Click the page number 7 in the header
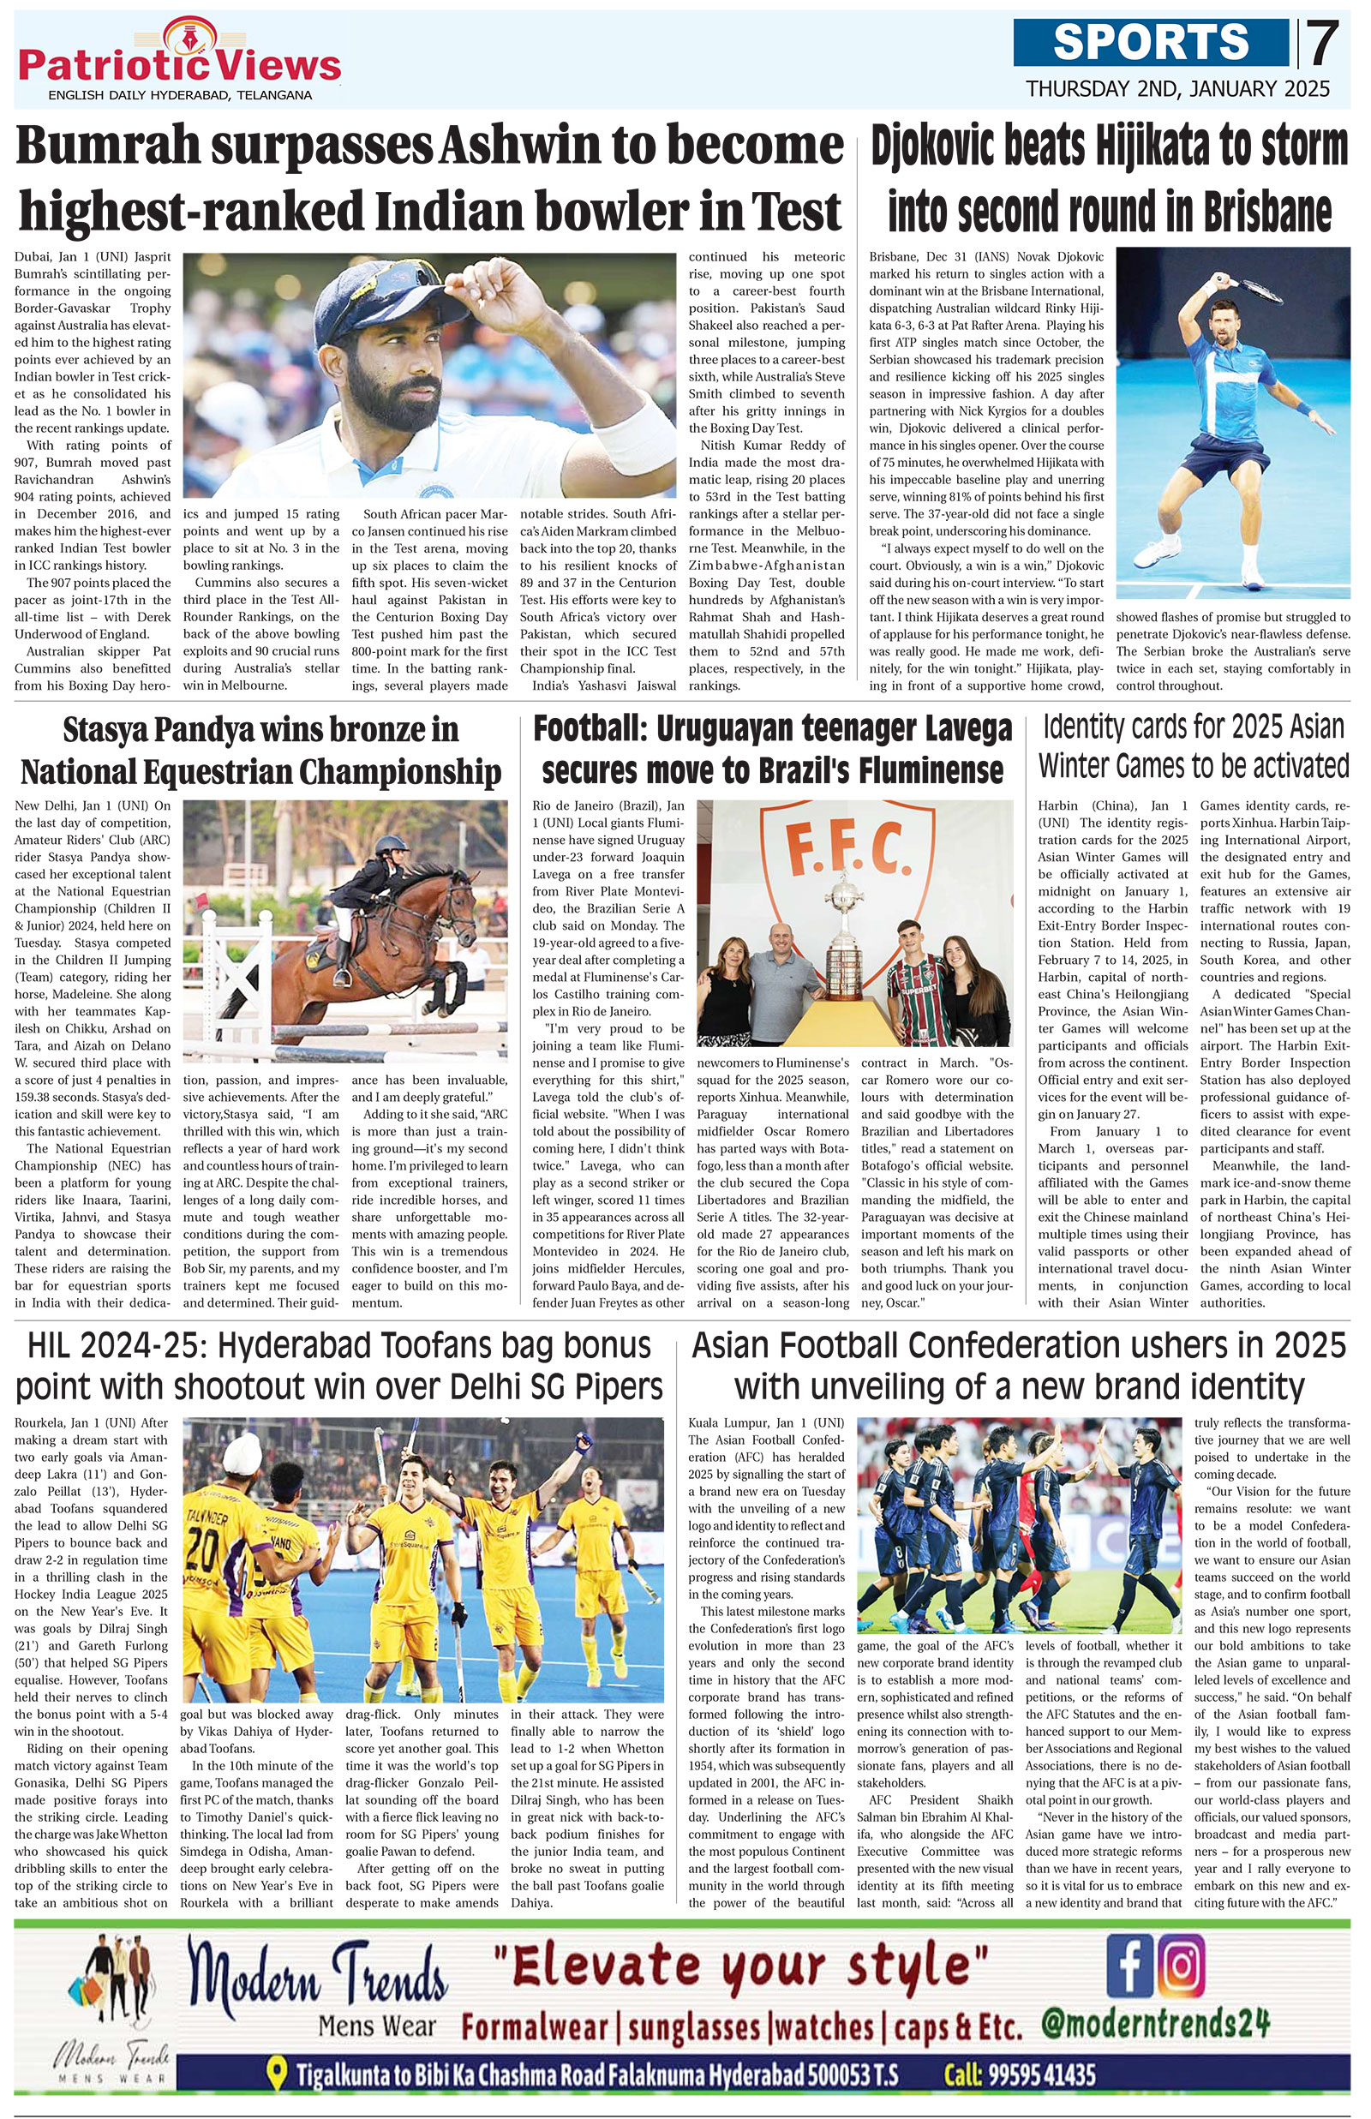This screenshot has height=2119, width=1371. (1324, 44)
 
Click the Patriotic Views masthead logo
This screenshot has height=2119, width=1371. (179, 63)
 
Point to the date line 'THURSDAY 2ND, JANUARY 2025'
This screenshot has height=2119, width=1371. (1177, 89)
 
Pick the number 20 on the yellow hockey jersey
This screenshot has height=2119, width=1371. (204, 1548)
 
